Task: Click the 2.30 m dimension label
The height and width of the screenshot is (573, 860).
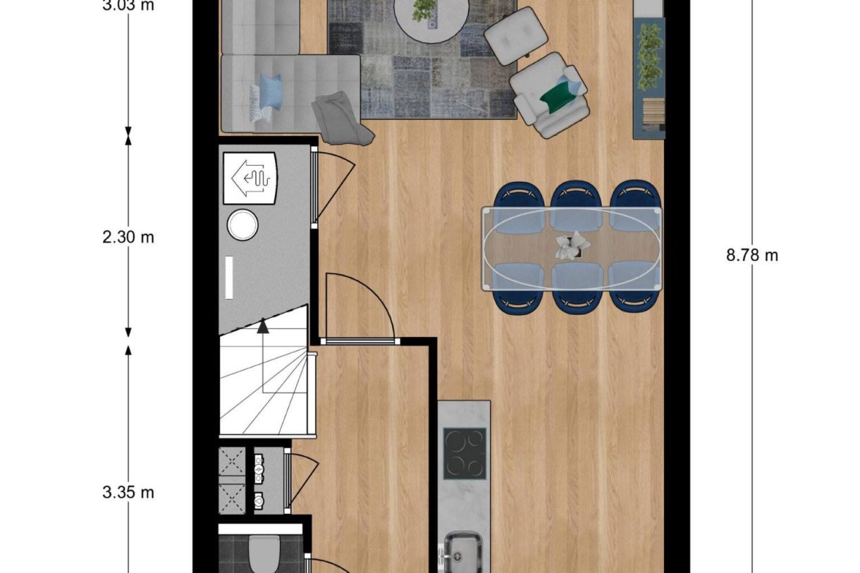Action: click(x=128, y=238)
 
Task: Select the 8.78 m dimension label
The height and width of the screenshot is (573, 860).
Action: click(x=752, y=255)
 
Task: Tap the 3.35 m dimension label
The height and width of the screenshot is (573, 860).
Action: click(x=128, y=492)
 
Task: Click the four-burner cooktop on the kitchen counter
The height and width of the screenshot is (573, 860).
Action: click(x=465, y=453)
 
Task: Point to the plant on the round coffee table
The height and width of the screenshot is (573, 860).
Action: click(x=424, y=10)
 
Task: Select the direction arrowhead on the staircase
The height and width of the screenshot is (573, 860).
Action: click(x=263, y=326)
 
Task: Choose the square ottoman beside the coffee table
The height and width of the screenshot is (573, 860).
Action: click(x=516, y=36)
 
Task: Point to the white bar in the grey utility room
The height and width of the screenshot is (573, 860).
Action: click(x=228, y=278)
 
